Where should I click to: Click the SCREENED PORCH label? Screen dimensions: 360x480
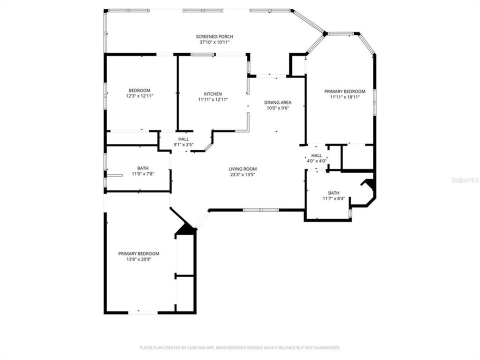click(214, 36)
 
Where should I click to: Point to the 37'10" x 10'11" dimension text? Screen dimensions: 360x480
click(214, 42)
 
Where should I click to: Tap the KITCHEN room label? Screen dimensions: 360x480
click(212, 94)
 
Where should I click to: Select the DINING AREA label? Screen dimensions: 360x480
click(277, 102)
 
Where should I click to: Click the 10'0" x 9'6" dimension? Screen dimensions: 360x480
click(277, 108)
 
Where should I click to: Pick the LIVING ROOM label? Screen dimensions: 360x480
click(242, 169)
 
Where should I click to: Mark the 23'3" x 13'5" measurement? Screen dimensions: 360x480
click(242, 174)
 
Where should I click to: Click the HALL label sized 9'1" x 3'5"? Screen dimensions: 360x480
click(183, 139)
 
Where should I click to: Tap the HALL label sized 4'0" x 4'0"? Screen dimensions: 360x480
click(316, 155)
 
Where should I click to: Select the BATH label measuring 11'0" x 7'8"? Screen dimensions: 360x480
click(142, 168)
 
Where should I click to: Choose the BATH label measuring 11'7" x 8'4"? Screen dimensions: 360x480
click(333, 193)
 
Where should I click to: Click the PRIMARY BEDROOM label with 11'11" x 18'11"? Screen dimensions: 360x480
click(344, 91)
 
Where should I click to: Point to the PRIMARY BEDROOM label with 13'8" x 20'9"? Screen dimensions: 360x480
click(138, 253)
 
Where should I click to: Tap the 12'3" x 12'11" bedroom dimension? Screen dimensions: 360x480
click(139, 95)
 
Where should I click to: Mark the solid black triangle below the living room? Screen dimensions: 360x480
click(186, 229)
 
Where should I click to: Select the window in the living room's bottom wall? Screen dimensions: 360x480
click(260, 210)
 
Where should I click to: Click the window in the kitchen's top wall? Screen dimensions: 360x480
click(203, 54)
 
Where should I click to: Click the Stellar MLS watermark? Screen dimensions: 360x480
click(464, 179)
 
